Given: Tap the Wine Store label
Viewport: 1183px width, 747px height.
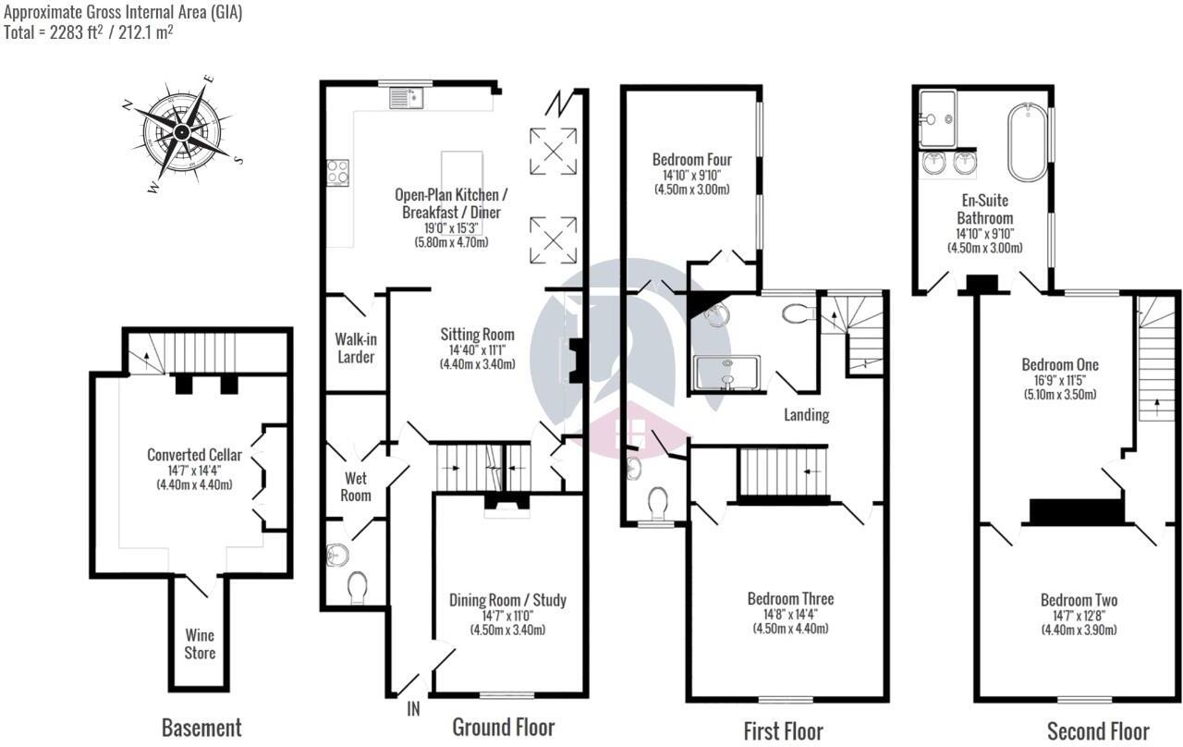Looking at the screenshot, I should click(200, 644).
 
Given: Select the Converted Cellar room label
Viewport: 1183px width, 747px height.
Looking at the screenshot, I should click(194, 455).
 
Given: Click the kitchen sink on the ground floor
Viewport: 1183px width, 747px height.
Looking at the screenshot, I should click(406, 96).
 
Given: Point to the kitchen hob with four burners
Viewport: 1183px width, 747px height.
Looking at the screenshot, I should click(338, 172).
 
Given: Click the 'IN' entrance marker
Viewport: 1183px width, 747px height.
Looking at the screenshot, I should click(413, 709).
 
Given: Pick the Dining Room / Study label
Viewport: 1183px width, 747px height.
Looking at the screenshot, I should click(507, 601).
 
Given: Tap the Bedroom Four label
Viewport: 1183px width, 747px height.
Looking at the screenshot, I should click(691, 158).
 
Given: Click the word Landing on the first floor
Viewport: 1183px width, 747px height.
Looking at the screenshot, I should click(807, 415).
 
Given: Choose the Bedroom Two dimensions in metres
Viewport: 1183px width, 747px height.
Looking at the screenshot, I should click(1079, 631).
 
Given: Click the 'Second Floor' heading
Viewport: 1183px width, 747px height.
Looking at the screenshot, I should click(1098, 731).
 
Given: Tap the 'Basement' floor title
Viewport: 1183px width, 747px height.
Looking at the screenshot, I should click(201, 728).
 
